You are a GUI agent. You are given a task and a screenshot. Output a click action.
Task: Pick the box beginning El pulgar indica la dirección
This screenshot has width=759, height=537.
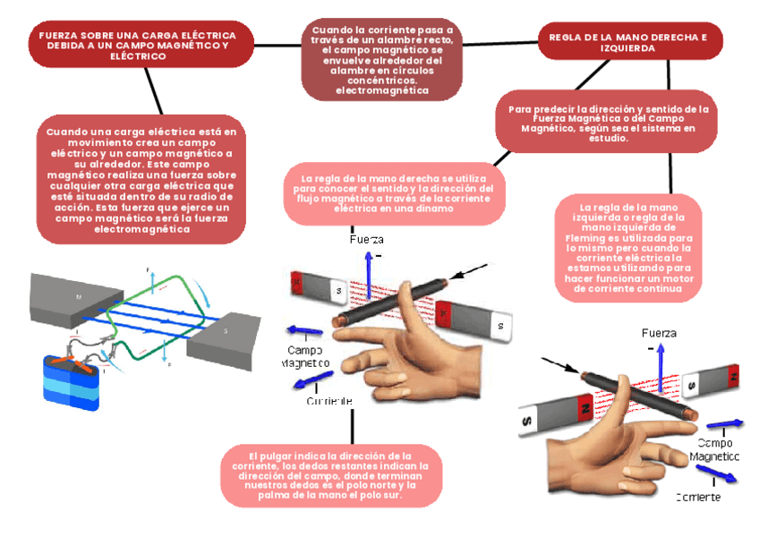(331, 475)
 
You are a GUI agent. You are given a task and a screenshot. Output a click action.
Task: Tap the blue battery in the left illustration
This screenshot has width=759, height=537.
(71, 385)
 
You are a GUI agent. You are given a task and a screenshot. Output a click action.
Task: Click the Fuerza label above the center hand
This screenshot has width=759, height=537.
(365, 240)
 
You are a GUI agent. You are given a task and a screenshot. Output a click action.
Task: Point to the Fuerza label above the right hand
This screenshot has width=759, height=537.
(660, 333)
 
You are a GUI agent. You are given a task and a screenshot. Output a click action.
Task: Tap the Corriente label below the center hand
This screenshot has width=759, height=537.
(328, 401)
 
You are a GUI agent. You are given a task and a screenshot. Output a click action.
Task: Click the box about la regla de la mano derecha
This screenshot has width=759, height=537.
(394, 193)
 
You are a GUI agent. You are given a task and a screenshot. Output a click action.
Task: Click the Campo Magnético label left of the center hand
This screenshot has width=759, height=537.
(305, 356)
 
